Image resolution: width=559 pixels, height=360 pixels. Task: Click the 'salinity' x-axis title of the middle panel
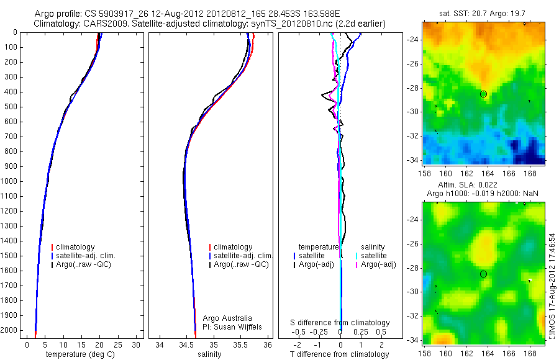(x=208, y=354)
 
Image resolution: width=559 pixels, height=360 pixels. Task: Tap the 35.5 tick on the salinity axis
(x=240, y=344)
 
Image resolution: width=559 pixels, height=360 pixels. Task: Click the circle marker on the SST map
(x=483, y=94)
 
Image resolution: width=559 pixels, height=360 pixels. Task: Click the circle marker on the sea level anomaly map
(x=483, y=274)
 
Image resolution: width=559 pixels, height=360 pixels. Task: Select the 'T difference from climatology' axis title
(x=340, y=354)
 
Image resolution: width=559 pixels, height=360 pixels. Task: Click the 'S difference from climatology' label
(x=340, y=323)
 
